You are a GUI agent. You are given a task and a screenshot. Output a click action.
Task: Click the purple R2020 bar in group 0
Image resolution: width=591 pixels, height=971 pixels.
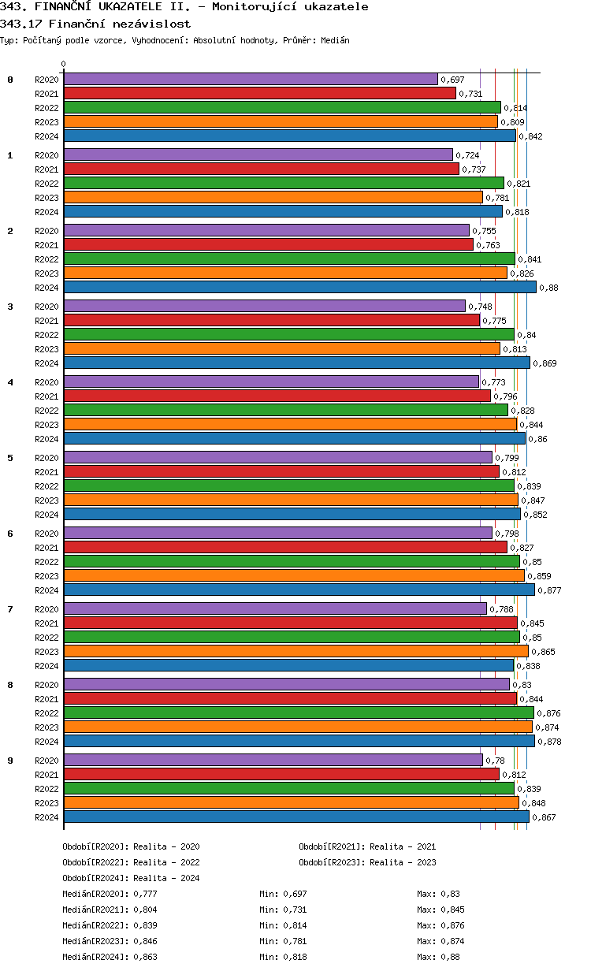251,79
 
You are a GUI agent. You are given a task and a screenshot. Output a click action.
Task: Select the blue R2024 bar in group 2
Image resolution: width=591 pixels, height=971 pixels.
299,287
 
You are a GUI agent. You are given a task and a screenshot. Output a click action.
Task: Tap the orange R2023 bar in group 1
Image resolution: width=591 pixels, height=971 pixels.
273,197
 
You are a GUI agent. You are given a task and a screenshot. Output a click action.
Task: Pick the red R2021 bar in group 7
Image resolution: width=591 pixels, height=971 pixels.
290,623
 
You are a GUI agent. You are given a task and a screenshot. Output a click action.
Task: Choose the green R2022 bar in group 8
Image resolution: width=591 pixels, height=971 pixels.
299,712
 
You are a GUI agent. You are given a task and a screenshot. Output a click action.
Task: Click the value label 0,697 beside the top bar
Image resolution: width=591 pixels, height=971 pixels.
452,80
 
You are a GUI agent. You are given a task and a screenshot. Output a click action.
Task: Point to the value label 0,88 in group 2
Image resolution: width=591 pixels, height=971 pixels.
548,288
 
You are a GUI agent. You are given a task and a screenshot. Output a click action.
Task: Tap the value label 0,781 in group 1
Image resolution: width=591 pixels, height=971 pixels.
497,198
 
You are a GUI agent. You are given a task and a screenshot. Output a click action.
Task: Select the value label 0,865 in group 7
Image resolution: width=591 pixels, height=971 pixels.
543,652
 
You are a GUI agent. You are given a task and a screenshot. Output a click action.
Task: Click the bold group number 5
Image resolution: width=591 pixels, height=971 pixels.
10,458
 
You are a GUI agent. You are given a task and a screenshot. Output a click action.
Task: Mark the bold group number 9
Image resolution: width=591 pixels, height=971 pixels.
10,761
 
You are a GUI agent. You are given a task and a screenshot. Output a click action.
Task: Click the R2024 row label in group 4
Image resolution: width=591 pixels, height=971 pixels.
46,439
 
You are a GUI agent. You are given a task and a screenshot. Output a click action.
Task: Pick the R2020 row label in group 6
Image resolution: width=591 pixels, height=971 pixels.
46,534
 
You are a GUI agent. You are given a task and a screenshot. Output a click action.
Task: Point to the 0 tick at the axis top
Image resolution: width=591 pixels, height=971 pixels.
64,65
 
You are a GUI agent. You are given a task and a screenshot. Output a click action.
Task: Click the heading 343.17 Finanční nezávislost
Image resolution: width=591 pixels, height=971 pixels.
95,24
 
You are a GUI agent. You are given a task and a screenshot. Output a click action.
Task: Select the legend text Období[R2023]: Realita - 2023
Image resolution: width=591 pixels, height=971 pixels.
367,862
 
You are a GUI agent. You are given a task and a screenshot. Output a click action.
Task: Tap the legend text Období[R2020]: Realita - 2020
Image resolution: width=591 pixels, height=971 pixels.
131,846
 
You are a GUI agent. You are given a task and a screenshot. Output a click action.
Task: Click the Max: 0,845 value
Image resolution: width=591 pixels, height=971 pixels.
440,910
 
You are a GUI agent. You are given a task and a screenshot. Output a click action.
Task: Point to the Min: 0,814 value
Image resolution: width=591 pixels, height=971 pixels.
283,925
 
